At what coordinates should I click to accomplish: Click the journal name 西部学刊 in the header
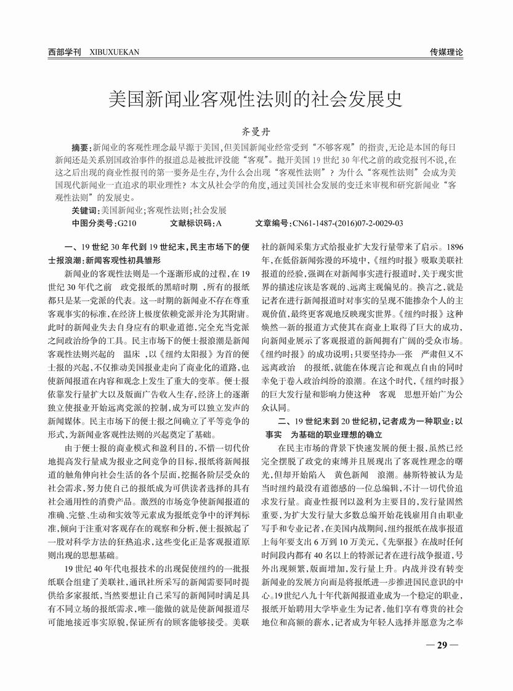point(65,52)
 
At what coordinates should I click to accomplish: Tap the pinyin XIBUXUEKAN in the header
point(114,52)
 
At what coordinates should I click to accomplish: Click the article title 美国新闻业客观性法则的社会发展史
point(256,99)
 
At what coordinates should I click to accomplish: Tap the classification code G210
point(127,222)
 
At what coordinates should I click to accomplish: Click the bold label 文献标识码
point(192,222)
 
